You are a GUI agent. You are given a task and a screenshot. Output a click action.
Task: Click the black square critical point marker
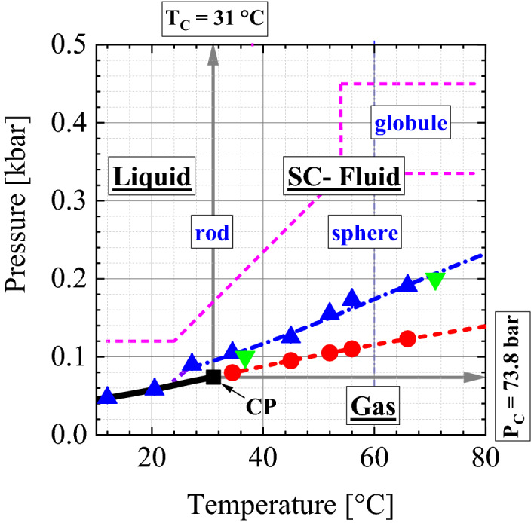213,377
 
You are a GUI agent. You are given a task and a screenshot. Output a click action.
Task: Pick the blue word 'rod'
213,234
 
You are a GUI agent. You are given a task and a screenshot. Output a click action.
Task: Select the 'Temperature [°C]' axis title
292,499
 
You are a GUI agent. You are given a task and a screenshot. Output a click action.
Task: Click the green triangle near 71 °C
434,280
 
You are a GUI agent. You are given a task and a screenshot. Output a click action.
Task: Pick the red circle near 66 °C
407,338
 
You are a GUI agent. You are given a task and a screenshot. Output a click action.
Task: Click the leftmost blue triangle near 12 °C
107,396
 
